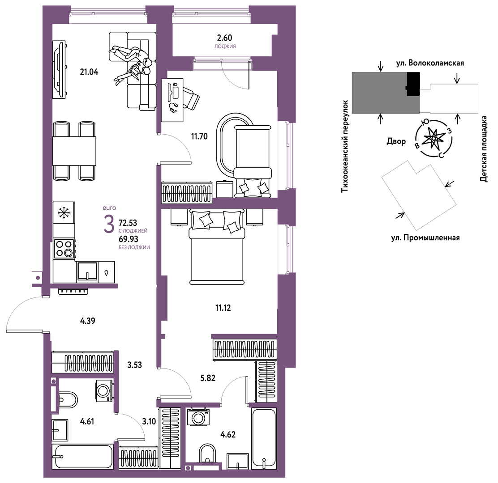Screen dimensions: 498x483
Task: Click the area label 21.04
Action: [89, 72]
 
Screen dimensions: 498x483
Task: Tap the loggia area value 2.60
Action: [224, 38]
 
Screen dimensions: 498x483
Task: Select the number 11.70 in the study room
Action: [199, 136]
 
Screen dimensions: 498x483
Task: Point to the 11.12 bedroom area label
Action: [223, 308]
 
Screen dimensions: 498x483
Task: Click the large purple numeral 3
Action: [109, 224]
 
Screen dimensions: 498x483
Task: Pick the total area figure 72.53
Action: [128, 223]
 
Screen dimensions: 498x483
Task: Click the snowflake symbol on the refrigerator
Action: [64, 213]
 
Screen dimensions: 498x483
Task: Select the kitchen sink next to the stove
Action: [87, 271]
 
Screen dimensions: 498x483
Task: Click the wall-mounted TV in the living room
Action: [60, 70]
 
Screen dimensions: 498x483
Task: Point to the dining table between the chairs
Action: [74, 151]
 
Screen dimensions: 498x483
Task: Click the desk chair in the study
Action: [192, 97]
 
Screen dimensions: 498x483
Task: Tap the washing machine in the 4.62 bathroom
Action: [198, 417]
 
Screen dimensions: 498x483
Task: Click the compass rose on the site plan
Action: [434, 139]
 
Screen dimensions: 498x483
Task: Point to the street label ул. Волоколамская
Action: [430, 63]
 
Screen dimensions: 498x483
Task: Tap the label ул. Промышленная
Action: [425, 237]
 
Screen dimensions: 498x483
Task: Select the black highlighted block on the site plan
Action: [413, 84]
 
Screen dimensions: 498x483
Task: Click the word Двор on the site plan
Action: [396, 141]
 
